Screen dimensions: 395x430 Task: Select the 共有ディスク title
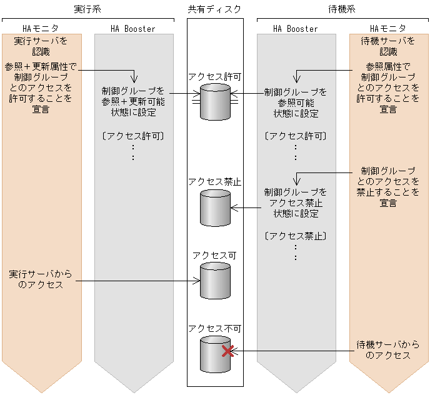pos(214,9)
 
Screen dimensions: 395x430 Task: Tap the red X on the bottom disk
pos(228,351)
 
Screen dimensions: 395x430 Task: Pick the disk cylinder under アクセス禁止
pos(215,207)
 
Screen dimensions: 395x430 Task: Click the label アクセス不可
pos(214,327)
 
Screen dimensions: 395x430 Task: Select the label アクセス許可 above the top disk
pos(214,76)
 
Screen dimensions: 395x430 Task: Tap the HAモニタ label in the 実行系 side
pos(41,29)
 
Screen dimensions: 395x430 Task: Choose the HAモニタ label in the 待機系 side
pos(388,29)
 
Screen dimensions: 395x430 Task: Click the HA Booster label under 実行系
pos(132,29)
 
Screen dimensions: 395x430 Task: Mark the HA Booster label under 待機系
pos(296,29)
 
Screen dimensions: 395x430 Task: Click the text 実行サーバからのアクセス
pos(41,279)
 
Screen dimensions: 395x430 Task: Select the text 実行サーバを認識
pos(41,46)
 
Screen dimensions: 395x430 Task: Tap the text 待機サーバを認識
pos(388,46)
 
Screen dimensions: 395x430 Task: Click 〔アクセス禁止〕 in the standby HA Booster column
pos(296,236)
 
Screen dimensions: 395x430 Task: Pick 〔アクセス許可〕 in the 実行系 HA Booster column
pos(132,136)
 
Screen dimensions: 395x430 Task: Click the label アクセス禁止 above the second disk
pos(214,182)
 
